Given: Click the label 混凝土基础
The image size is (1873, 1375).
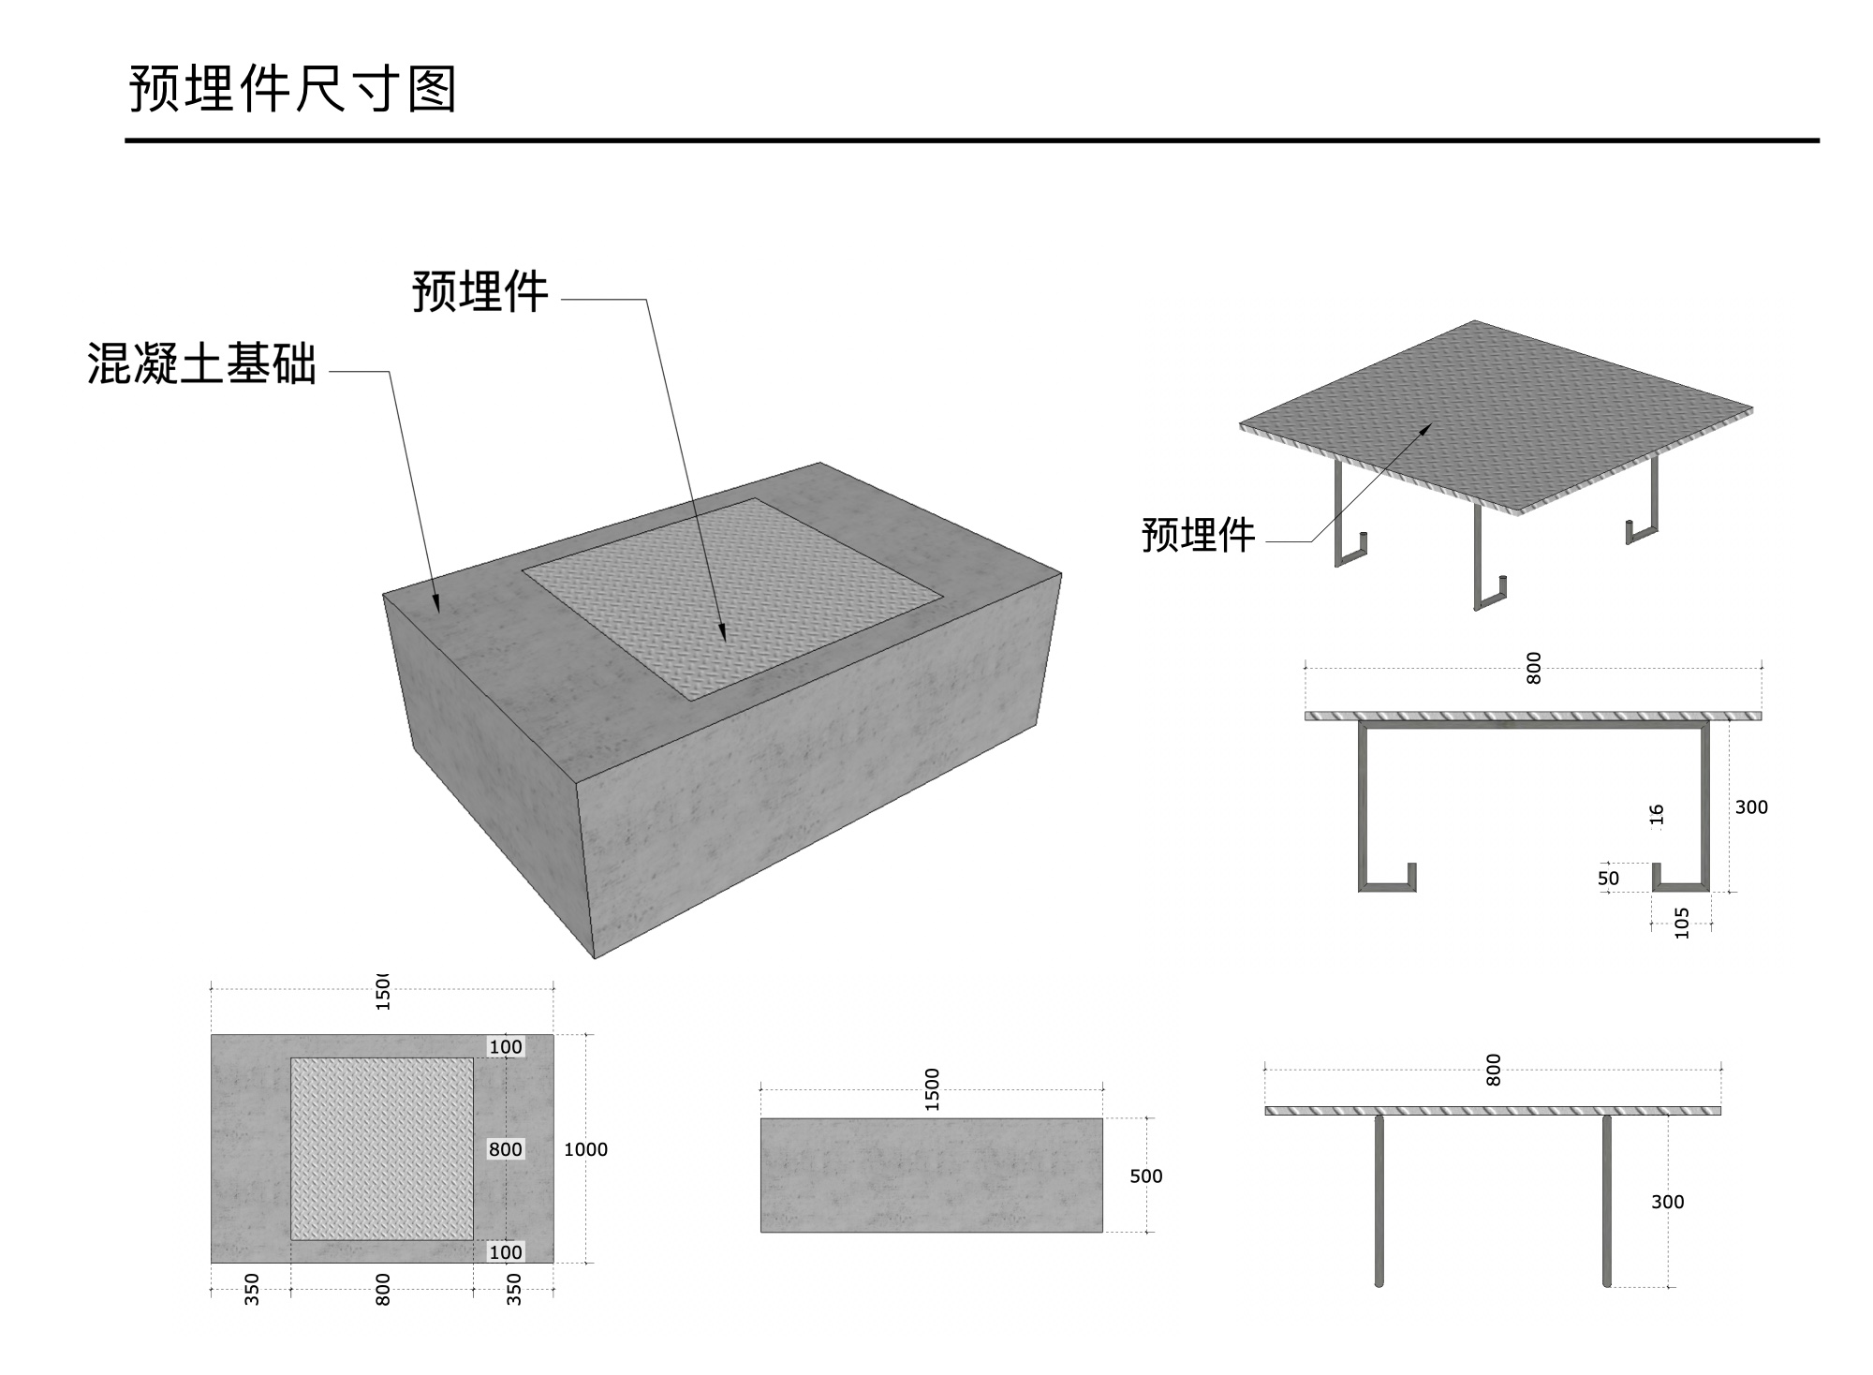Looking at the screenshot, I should click(x=202, y=363).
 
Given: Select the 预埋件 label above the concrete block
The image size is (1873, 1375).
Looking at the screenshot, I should click(x=479, y=291).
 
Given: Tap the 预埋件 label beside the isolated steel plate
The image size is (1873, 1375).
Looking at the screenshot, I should click(x=1198, y=535).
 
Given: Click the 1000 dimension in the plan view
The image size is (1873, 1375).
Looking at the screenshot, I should click(x=585, y=1149).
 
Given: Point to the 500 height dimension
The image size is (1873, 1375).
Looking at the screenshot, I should click(x=1145, y=1175).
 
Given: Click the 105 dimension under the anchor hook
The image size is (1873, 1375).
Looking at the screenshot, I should click(x=1682, y=923).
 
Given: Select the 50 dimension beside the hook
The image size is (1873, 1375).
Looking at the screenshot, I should click(x=1608, y=879).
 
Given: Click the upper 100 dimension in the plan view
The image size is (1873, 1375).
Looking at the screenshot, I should click(x=506, y=1046).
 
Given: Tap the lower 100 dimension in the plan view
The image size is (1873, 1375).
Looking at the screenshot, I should click(x=506, y=1252).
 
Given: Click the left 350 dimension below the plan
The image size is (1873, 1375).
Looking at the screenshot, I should click(x=252, y=1289).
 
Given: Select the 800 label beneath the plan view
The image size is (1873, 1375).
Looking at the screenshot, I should click(x=382, y=1289).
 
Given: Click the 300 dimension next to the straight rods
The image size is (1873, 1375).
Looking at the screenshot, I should click(x=1667, y=1202).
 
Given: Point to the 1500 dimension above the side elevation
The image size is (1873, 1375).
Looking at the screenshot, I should click(x=932, y=1089).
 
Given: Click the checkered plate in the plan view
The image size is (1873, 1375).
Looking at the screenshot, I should click(x=381, y=1149).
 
